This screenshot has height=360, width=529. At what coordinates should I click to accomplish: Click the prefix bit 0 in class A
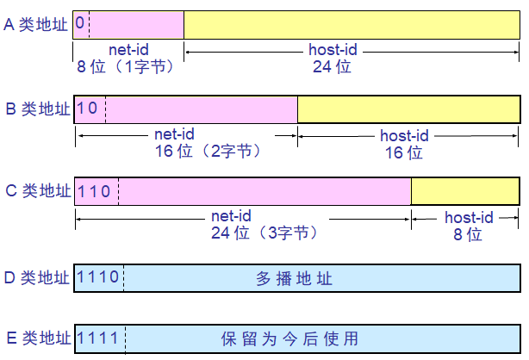click(80, 24)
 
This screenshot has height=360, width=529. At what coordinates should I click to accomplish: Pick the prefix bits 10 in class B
click(88, 109)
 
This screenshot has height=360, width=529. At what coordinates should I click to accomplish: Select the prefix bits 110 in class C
click(94, 191)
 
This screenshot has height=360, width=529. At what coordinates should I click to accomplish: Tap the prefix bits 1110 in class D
click(98, 277)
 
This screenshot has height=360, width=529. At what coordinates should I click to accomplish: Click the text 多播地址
click(294, 278)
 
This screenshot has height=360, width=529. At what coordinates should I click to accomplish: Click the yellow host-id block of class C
click(465, 191)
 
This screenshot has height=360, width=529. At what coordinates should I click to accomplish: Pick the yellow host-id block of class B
click(408, 109)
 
